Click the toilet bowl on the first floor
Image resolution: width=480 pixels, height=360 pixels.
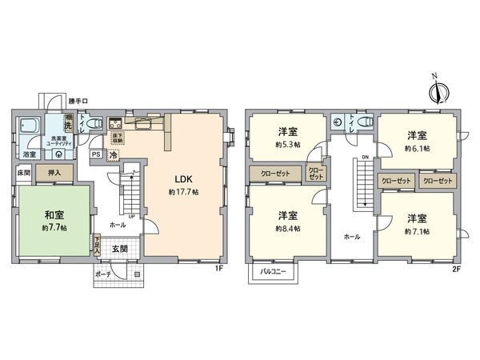94,124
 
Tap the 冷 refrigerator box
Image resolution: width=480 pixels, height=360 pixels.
114,154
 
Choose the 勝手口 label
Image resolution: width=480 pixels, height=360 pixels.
78,101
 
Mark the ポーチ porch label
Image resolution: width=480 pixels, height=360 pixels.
102,274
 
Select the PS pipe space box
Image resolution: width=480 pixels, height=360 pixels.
96,154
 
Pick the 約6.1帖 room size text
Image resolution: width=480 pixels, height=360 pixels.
417,148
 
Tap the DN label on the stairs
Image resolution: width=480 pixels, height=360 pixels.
365,158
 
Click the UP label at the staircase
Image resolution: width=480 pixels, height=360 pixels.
130,215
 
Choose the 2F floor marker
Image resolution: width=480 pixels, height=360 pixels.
456,269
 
